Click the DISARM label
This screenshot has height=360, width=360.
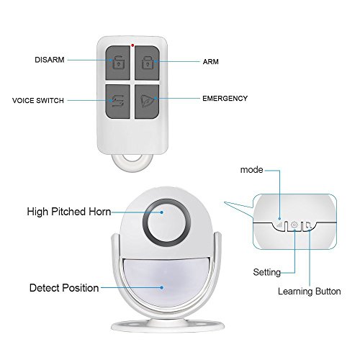click(50, 60)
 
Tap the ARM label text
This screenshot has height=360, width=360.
click(211, 62)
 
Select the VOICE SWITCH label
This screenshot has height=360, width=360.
click(38, 100)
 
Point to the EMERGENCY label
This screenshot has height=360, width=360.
click(225, 99)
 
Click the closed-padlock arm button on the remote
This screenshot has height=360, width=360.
click(147, 63)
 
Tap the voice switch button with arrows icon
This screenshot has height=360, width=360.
click(117, 102)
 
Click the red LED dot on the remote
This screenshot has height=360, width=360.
click(132, 45)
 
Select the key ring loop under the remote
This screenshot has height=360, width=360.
click(132, 166)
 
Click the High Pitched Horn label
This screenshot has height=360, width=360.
click(69, 212)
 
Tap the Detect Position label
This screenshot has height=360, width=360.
click(64, 288)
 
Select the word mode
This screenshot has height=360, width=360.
click(251, 170)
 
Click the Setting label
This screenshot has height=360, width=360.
click(267, 272)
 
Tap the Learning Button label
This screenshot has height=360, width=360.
click(310, 291)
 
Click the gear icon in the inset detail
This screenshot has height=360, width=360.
click(294, 225)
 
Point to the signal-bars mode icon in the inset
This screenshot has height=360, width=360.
click(279, 225)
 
